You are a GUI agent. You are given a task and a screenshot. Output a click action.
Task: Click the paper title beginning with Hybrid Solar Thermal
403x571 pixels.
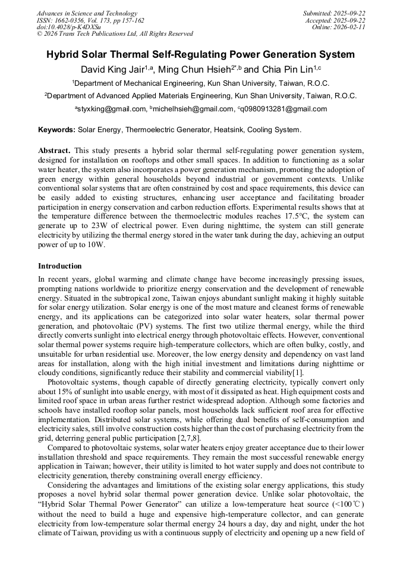[x=201, y=55]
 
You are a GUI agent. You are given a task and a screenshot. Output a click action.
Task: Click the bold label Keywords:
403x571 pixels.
[x=56, y=129]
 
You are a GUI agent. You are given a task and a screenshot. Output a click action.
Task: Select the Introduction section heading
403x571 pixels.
[x=60, y=266]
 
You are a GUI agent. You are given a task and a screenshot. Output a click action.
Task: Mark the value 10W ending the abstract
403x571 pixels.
[x=96, y=245]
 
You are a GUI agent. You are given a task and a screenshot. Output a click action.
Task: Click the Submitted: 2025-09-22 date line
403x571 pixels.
[x=334, y=13]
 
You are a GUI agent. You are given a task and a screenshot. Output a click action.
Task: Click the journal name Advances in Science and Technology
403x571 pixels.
[x=87, y=13]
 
